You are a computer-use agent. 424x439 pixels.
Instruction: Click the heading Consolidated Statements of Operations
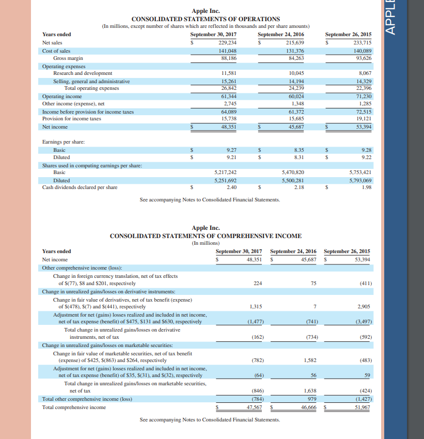pyautogui.click(x=206, y=19)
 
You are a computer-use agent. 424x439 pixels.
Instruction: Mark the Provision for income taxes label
pyautogui.click(x=72, y=119)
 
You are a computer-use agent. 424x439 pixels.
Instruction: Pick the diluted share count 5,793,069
pyautogui.click(x=360, y=180)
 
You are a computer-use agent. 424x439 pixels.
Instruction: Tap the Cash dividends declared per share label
pyautogui.click(x=80, y=187)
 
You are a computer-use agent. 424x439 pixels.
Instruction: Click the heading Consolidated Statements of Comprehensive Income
pyautogui.click(x=206, y=236)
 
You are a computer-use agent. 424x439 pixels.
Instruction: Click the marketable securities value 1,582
pyautogui.click(x=310, y=359)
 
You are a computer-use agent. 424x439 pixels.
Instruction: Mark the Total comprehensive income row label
pyautogui.click(x=74, y=407)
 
